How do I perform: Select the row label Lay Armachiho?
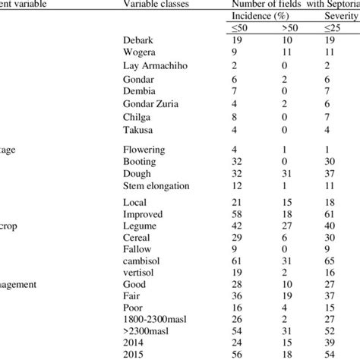pyautogui.click(x=155, y=90)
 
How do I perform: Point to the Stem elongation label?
pyautogui.click(x=155, y=186)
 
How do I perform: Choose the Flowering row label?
pyautogui.click(x=144, y=150)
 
